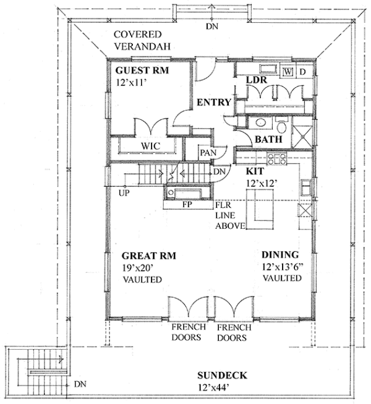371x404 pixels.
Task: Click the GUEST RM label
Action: point(142,70)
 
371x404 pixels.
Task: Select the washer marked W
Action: point(288,72)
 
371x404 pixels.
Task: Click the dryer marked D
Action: point(302,72)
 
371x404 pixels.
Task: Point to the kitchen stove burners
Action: point(276,159)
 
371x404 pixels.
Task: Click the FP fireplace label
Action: point(187,204)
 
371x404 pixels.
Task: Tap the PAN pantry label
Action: point(208,153)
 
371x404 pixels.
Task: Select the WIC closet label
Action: point(150,146)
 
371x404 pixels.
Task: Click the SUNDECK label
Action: point(222,375)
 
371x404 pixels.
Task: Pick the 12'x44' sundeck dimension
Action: point(214,387)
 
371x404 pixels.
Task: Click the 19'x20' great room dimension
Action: point(138,268)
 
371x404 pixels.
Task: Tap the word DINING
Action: point(280,255)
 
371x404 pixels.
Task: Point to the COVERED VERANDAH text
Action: point(142,41)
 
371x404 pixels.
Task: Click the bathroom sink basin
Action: point(260,123)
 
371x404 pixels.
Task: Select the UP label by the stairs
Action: point(124,192)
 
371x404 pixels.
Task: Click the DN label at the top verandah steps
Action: point(212,27)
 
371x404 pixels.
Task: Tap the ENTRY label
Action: point(214,102)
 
